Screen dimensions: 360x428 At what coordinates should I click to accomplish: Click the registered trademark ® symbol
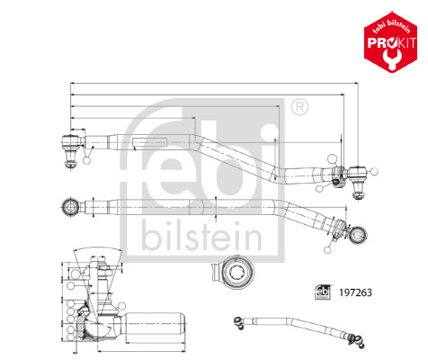(x=299, y=109)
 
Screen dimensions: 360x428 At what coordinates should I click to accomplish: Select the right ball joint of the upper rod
(x=357, y=172)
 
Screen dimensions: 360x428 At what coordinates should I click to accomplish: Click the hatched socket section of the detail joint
(x=93, y=317)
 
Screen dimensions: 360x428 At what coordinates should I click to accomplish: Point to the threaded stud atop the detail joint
(x=105, y=274)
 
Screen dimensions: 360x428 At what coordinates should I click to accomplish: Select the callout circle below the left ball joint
(x=86, y=161)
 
